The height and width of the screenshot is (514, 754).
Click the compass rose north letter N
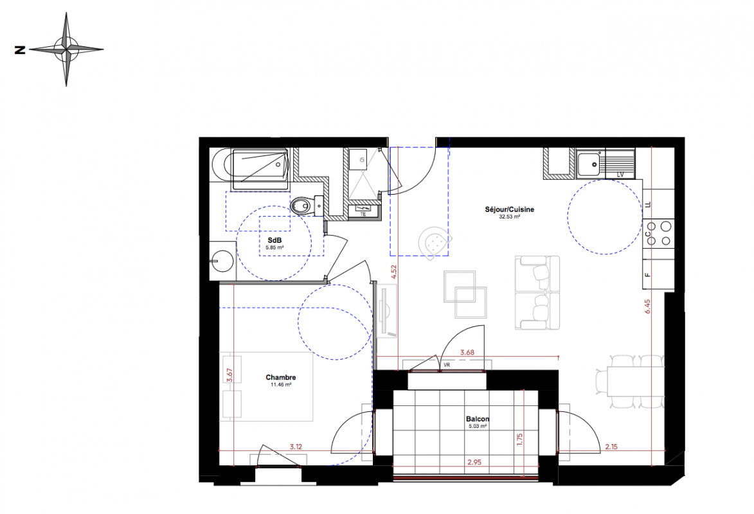20,49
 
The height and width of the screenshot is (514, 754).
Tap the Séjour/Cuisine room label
509,209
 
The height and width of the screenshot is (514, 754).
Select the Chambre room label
281,377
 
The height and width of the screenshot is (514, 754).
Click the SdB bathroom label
274,240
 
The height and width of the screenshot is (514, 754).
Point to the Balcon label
478,420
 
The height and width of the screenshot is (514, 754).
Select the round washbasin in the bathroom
222,261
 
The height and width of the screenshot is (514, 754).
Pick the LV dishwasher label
620,175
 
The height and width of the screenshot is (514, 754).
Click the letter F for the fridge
648,275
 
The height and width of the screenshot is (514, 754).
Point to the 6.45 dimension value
648,306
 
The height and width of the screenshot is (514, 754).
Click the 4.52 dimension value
394,272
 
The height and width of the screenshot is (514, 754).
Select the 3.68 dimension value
467,353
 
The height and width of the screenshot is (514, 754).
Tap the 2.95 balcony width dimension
474,463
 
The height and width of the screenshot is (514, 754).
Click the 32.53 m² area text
510,217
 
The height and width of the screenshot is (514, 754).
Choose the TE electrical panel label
363,215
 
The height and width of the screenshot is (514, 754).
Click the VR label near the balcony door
447,366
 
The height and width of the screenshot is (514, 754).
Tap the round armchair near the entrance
435,242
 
